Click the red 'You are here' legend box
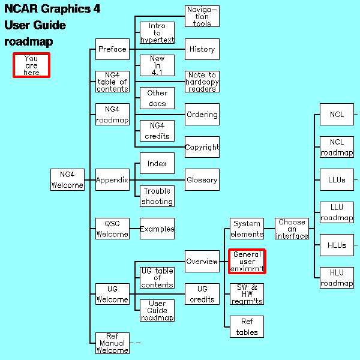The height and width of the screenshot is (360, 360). (x=31, y=65)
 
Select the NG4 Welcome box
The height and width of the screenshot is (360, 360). (x=67, y=179)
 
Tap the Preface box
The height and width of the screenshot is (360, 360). (x=112, y=49)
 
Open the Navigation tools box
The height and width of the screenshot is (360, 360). (x=202, y=16)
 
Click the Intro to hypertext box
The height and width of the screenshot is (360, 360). (x=157, y=33)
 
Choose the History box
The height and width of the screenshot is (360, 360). (x=202, y=49)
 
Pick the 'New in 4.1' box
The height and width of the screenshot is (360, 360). (x=157, y=65)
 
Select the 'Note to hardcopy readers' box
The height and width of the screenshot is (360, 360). (x=202, y=82)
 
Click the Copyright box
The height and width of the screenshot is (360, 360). (x=202, y=147)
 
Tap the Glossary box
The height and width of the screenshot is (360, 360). (x=202, y=179)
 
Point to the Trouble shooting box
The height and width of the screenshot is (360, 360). (x=157, y=196)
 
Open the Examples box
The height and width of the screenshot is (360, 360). (x=157, y=229)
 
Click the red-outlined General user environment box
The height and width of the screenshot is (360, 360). (x=247, y=262)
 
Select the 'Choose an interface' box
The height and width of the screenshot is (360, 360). (x=292, y=229)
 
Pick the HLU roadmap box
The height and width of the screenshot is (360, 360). (x=337, y=278)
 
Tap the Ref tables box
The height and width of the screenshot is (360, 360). (x=247, y=327)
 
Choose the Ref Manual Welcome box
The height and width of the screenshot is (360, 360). (x=112, y=343)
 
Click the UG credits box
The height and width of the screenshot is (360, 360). (x=202, y=294)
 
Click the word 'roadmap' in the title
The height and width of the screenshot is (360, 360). (x=29, y=42)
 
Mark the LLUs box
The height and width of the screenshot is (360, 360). (x=337, y=179)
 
